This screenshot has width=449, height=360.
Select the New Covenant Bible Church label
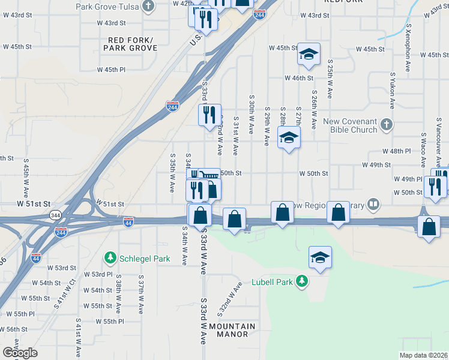350,125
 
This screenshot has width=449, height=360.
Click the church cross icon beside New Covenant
387,125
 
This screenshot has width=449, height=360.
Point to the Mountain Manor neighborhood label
236,330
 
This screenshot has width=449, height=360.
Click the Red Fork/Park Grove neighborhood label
131,44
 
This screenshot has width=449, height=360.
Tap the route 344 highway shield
55,214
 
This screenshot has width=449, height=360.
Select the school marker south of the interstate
321,258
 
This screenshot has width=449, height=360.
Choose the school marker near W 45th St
309,55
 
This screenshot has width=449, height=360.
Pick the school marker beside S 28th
289,137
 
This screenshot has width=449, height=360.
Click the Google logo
20,353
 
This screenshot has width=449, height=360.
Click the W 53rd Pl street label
98,274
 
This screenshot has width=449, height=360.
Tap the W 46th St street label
299,78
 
